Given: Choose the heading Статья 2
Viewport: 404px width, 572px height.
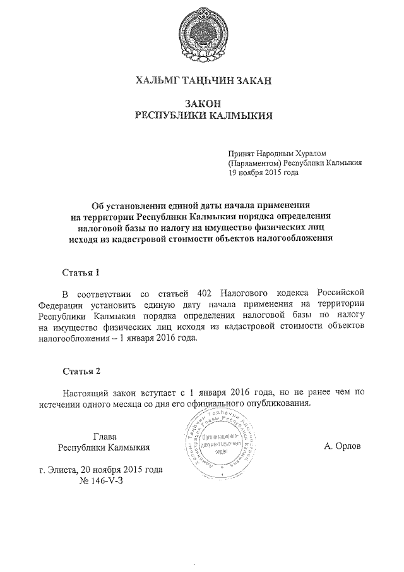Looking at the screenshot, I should tap(81, 370).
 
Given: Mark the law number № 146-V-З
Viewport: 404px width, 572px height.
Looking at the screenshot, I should tap(101, 481).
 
